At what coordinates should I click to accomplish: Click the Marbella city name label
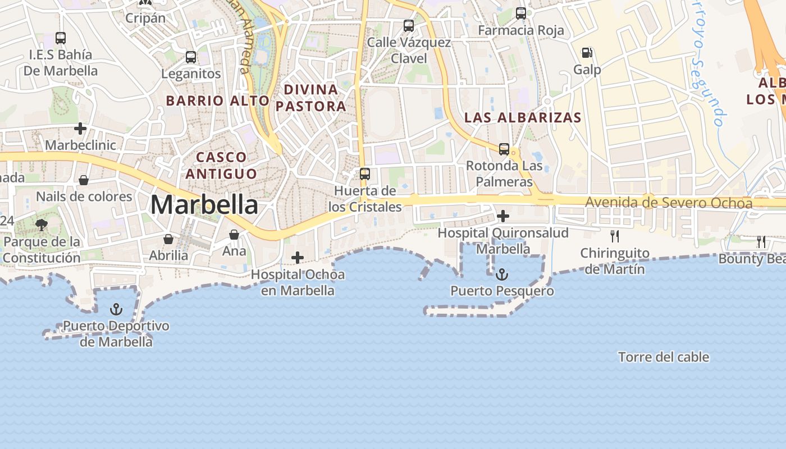tap(204, 205)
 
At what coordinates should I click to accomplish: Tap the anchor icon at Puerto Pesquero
tap(502, 274)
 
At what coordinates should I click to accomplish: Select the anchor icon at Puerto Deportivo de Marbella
tap(116, 309)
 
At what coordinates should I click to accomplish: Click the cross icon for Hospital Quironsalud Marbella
tap(503, 216)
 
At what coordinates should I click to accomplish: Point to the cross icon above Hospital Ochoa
tap(298, 258)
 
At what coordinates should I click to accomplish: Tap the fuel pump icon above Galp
tap(587, 53)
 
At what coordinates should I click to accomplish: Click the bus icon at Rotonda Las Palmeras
tap(504, 149)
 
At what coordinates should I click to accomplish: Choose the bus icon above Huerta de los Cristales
tap(365, 174)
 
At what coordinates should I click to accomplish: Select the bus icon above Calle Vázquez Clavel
tap(409, 26)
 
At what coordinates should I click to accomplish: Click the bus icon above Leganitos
tap(191, 57)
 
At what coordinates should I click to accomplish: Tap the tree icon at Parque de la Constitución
tap(41, 225)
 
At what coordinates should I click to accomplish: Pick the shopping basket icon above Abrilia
tap(168, 239)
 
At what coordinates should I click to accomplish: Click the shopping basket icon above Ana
tap(234, 234)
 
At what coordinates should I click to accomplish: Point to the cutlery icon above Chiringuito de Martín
tap(615, 236)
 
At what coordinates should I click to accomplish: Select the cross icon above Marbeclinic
tap(80, 129)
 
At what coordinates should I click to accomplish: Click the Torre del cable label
tap(664, 357)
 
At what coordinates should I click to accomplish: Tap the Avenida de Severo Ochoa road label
tap(668, 203)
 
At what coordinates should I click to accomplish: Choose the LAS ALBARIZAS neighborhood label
tap(523, 117)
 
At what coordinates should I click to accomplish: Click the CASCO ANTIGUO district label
tap(221, 165)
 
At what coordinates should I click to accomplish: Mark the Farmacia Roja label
tap(521, 30)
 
